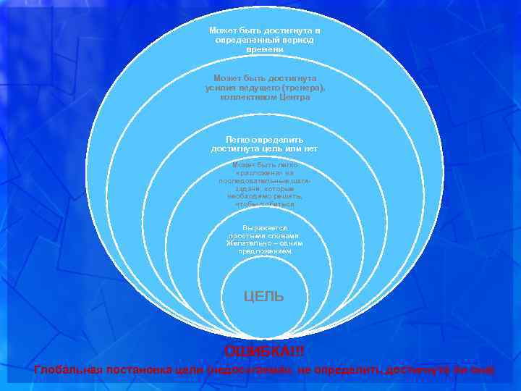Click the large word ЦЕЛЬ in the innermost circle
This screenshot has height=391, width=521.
point(264,296)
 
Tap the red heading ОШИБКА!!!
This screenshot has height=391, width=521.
point(264,351)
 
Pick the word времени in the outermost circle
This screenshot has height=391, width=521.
point(264,49)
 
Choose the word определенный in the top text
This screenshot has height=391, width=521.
point(245,41)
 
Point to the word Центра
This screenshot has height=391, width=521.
point(292,96)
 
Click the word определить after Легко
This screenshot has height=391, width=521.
point(279,139)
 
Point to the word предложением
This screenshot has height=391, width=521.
point(265,251)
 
